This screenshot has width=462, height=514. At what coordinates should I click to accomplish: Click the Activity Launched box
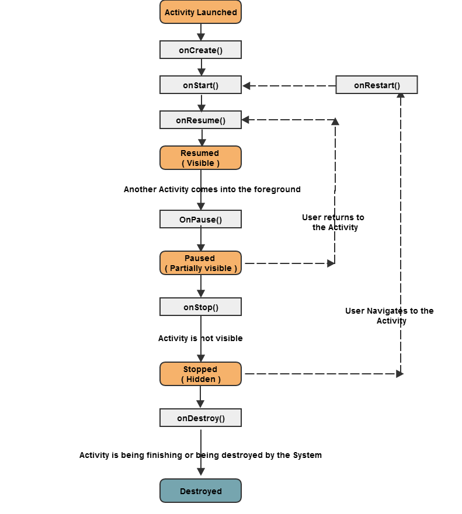(200, 12)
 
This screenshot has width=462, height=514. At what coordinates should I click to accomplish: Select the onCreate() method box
(200, 50)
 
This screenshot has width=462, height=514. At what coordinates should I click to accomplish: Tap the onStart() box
(200, 85)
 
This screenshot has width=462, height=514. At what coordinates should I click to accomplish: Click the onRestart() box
(377, 85)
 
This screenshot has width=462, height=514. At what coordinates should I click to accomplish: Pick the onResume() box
(200, 120)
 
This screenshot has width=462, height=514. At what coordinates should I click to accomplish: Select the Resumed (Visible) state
(200, 158)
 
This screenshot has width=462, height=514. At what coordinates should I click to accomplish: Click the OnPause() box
(200, 220)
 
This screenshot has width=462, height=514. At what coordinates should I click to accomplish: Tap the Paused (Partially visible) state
(200, 263)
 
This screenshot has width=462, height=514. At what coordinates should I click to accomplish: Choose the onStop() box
(200, 307)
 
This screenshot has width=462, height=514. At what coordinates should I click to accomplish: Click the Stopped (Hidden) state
(200, 374)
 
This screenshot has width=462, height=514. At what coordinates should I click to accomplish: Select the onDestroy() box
(200, 418)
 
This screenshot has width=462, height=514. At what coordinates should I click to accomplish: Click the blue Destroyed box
(200, 491)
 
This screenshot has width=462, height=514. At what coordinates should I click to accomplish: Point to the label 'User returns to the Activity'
(334, 222)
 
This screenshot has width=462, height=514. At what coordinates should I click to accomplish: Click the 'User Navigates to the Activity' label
(390, 315)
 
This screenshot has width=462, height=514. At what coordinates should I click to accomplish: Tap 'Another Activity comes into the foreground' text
(212, 189)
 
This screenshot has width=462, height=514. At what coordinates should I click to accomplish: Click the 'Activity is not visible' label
(200, 338)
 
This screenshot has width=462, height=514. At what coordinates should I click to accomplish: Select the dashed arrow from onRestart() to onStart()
(289, 86)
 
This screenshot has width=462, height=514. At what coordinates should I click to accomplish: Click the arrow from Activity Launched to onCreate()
(201, 32)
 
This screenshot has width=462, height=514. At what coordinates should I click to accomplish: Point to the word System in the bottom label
(307, 455)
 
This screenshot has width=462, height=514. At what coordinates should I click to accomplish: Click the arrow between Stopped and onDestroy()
(201, 397)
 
